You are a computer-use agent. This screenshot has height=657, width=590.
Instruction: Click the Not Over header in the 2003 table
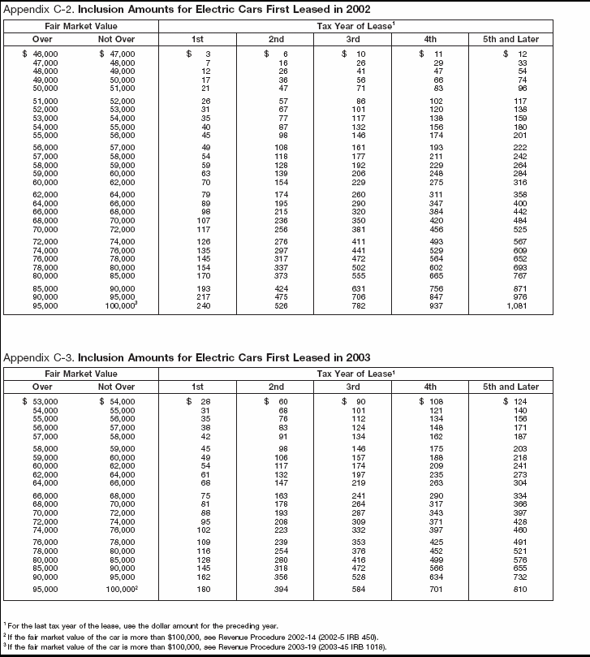click(116, 387)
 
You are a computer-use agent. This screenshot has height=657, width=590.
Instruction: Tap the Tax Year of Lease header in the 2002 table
click(355, 26)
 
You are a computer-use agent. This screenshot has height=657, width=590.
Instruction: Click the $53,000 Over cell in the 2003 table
click(37, 402)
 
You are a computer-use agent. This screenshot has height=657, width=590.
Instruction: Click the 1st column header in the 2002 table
click(196, 38)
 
